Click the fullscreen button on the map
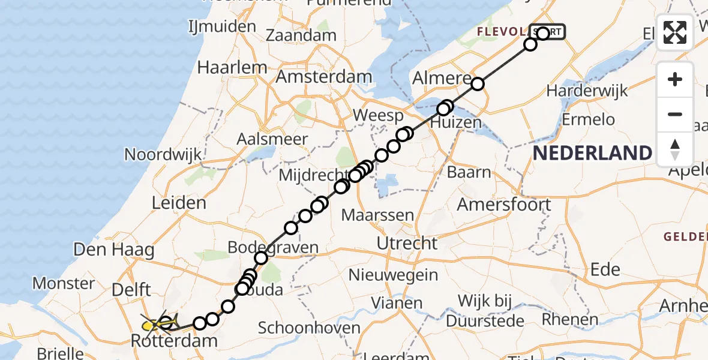click(x=675, y=32)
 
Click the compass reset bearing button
click(x=675, y=149)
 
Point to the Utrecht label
click(x=407, y=243)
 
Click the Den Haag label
click(x=114, y=248)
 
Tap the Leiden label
click(x=179, y=203)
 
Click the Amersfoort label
click(x=504, y=204)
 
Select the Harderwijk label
click(x=587, y=91)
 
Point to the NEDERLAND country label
click(x=592, y=153)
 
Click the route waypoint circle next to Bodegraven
click(x=261, y=258)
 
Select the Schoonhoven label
click(x=309, y=328)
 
